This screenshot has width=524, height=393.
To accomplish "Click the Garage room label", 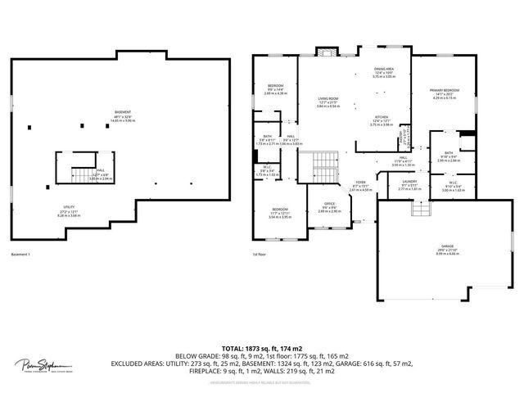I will point(423,251).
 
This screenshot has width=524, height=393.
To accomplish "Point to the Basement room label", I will point(123,115).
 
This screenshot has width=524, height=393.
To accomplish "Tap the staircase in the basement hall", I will point(82,175).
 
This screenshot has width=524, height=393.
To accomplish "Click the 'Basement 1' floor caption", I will point(21,255).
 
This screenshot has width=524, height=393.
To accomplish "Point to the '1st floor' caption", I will point(260,255).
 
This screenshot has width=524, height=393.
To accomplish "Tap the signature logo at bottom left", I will point(42,366).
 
